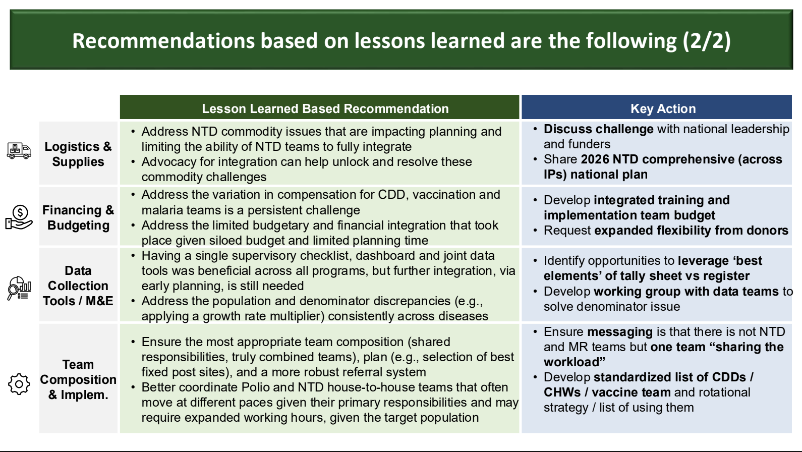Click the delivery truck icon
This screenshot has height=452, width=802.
[19, 151]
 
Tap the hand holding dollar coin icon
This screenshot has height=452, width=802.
[19, 217]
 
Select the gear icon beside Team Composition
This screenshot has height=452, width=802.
[19, 384]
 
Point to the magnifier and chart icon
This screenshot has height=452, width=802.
[19, 288]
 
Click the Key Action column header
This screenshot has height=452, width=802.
[663, 108]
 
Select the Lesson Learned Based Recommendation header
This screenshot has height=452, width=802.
[325, 108]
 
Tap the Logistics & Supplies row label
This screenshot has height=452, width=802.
[78, 154]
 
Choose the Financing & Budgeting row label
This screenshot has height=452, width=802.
[78, 217]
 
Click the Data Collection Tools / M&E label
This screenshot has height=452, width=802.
[78, 286]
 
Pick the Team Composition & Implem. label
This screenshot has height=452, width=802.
[78, 379]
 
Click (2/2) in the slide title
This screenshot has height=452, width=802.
[706, 40]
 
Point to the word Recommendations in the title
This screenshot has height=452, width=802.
[163, 40]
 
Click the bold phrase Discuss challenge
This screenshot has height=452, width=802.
[599, 129]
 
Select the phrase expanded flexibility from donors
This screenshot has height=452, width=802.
[692, 231]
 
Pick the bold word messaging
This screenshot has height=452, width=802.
[620, 332]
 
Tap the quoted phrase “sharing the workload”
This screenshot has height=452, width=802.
[664, 354]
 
